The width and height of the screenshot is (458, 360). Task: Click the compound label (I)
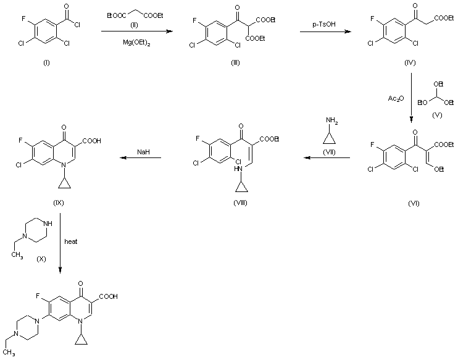tap(46, 65)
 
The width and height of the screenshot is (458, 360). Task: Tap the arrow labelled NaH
tap(141, 158)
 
